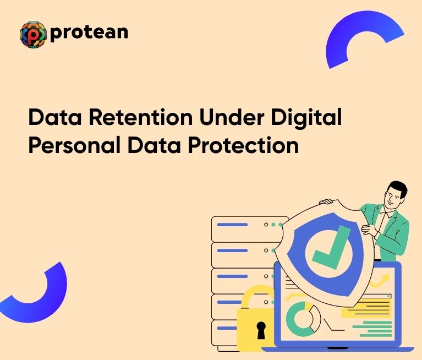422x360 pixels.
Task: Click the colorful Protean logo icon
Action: point(32,34)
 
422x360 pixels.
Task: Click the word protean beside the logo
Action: point(89,32)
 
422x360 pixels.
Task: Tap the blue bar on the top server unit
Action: point(232,225)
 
